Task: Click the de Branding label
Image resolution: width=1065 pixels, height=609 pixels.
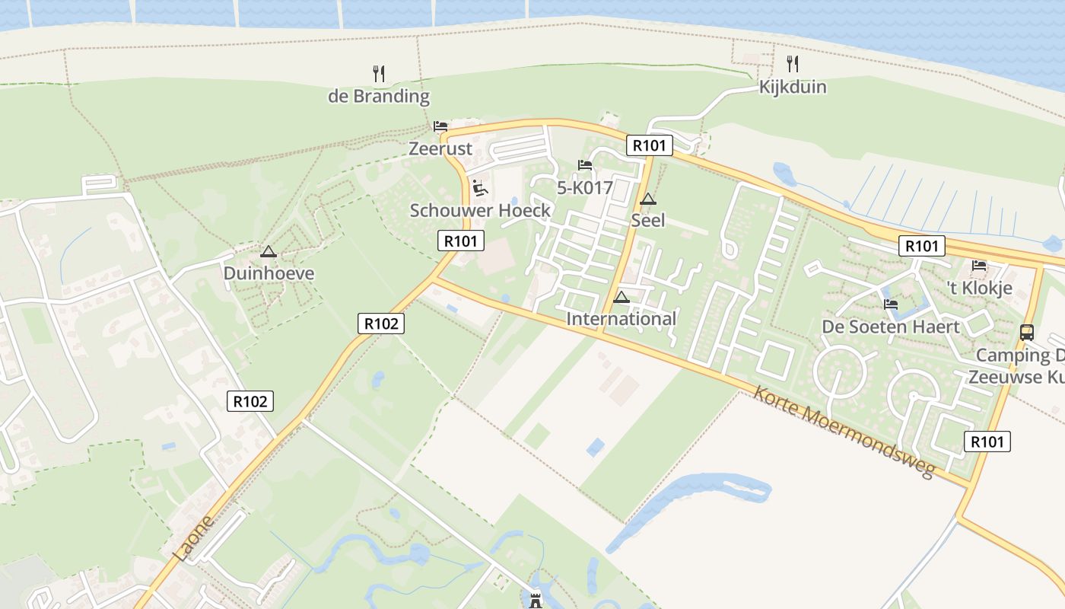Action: tap(379, 97)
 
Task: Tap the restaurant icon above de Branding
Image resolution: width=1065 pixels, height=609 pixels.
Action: tap(379, 74)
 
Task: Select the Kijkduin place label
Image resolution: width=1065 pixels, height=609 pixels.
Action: tap(793, 87)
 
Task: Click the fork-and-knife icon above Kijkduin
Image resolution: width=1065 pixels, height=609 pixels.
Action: tap(793, 63)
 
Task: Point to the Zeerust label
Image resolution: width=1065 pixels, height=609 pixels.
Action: tap(440, 148)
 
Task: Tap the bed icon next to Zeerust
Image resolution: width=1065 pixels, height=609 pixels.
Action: tap(440, 126)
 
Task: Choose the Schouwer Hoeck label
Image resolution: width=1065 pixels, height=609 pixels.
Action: tap(480, 211)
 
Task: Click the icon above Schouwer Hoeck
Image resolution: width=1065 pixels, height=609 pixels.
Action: tap(480, 187)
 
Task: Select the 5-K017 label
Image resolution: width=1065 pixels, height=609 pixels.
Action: tap(585, 188)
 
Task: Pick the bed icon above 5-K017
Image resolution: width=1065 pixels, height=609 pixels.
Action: tap(585, 165)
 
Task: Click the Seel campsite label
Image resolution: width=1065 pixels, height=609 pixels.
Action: tap(648, 221)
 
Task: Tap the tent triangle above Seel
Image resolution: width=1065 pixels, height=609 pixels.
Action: tap(647, 200)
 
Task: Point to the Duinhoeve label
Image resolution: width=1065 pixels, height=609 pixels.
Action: tap(269, 273)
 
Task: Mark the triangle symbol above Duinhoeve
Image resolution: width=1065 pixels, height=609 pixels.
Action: tap(268, 252)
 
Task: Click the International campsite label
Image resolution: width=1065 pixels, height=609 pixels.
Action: tap(622, 319)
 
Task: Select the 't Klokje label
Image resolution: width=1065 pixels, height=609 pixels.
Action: tap(979, 289)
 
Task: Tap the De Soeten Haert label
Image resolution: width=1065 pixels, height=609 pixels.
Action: tap(891, 327)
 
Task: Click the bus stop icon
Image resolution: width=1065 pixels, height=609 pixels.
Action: tap(1027, 333)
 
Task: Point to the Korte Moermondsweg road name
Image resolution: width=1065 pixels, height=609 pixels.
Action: tap(844, 432)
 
